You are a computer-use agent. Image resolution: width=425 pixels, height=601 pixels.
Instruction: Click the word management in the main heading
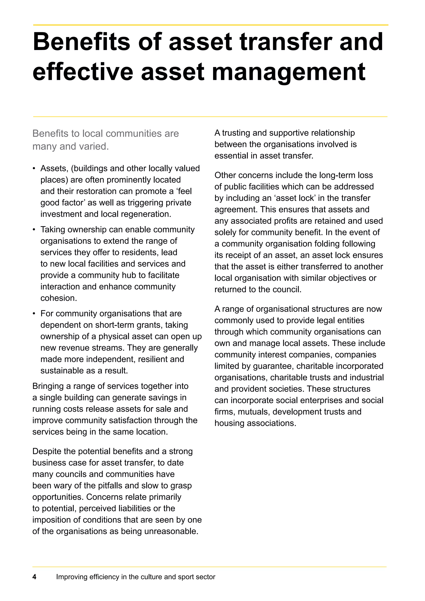click(x=289, y=72)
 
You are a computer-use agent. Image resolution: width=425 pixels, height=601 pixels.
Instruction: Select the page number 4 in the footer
click(x=34, y=577)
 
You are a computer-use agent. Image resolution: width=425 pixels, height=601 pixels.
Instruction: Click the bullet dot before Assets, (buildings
click(x=34, y=169)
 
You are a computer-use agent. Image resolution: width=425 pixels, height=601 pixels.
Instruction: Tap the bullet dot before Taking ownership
click(x=34, y=230)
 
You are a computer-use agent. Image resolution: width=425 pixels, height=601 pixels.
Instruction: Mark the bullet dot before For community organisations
click(x=34, y=314)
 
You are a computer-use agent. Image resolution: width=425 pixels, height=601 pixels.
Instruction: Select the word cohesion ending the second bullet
click(x=58, y=298)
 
